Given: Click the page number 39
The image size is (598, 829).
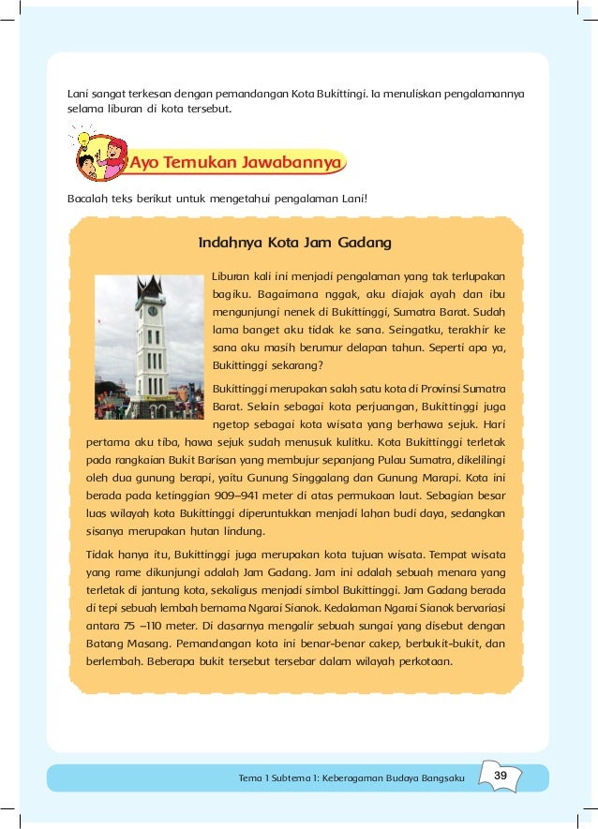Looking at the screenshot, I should pyautogui.click(x=501, y=776).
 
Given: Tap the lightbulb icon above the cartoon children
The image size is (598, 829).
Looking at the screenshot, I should pyautogui.click(x=82, y=139).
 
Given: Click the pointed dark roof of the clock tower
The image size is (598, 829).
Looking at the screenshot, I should pyautogui.click(x=150, y=287).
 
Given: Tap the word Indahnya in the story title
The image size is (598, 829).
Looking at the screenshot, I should pyautogui.click(x=230, y=244).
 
